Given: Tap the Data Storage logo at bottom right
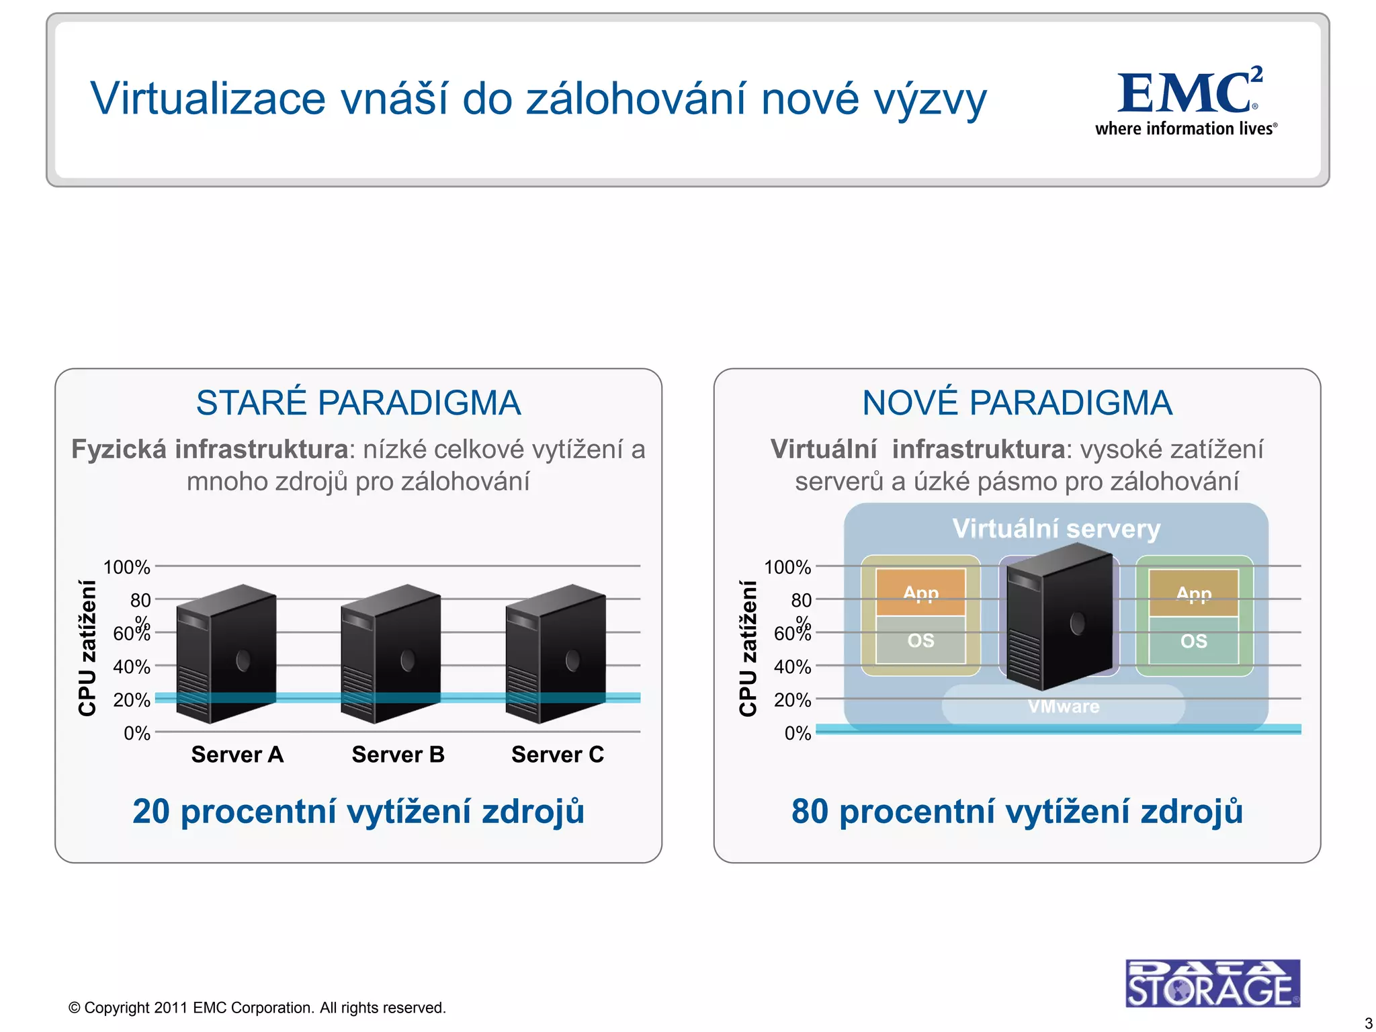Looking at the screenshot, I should tap(1212, 983).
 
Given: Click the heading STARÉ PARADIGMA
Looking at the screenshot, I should tap(358, 403).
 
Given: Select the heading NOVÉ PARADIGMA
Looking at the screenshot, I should tap(1017, 403).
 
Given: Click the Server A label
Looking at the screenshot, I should tap(237, 755).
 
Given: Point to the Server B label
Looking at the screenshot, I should tap(398, 755).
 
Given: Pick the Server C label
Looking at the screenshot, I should tap(558, 755).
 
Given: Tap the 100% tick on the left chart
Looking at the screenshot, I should tap(126, 567).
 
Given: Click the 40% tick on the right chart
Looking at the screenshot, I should tap(792, 666).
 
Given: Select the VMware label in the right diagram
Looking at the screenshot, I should tap(1063, 706).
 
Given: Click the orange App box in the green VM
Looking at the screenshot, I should tap(1193, 593).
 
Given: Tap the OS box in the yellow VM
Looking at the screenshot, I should tap(920, 640).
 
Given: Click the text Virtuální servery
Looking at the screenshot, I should tap(1056, 529).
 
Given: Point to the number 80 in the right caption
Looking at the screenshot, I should tap(810, 811).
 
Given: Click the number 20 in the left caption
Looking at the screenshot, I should tap(150, 811).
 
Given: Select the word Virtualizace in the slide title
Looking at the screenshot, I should tap(208, 99).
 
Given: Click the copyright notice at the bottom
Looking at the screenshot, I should tap(257, 1007).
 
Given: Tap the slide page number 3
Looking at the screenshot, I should tap(1368, 1023).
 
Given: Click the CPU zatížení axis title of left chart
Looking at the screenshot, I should tap(87, 648).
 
